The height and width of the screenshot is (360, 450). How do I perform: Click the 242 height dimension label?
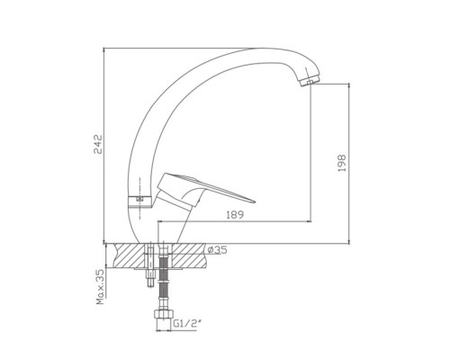(x=98, y=144)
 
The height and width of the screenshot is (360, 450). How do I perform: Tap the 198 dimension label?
(x=342, y=163)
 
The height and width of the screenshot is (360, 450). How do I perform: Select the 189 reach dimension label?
(x=235, y=215)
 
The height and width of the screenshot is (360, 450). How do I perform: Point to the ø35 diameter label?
(x=217, y=250)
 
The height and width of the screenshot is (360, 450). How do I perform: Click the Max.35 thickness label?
(x=101, y=287)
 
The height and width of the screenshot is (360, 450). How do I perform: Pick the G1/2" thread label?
(x=186, y=324)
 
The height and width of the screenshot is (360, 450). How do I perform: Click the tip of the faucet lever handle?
(x=255, y=202)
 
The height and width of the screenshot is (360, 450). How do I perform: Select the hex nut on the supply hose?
(x=164, y=315)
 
